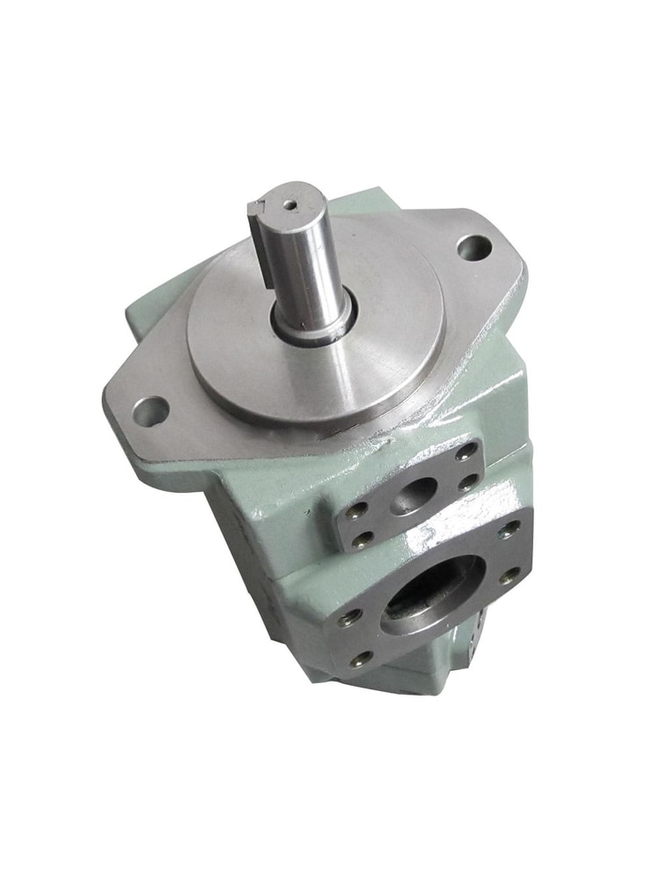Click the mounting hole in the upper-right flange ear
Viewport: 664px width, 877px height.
[x=474, y=246]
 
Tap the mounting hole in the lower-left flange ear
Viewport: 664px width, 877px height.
[x=150, y=409]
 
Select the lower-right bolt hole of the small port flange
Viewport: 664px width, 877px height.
[x=473, y=481]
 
